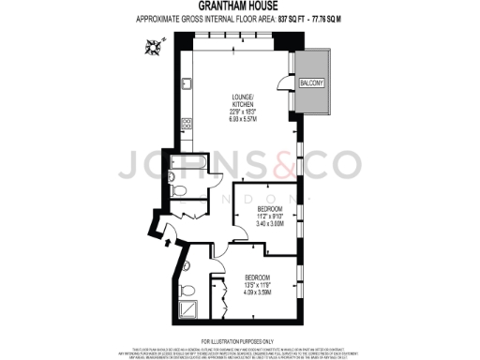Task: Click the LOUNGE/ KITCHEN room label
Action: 244,99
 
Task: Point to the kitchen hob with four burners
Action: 187,122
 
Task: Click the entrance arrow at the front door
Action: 168,242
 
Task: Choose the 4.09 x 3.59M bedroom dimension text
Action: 258,294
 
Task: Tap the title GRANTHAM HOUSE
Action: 239,7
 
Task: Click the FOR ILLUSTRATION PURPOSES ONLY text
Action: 239,338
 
